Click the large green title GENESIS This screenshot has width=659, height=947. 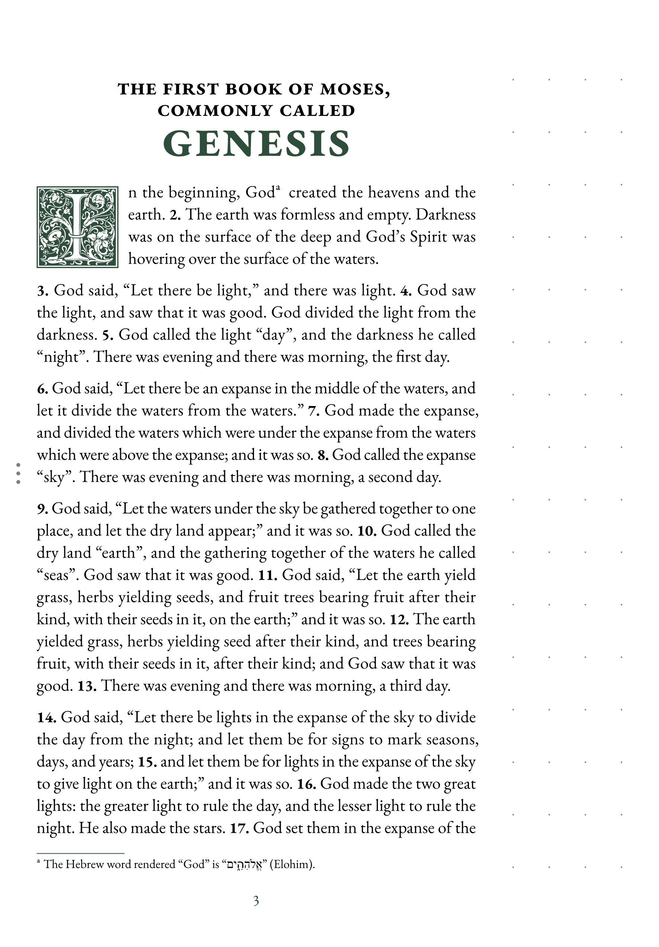256,144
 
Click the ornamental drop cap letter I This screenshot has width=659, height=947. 78,226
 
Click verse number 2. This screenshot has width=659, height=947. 176,215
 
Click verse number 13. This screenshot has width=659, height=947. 87,686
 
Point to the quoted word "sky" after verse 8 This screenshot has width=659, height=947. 54,477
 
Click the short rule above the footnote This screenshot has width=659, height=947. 80,853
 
